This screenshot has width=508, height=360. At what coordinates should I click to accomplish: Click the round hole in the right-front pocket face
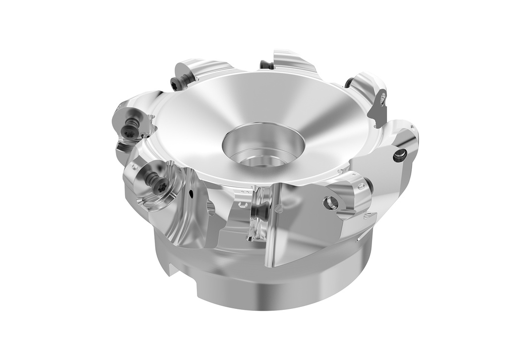pyautogui.click(x=330, y=202)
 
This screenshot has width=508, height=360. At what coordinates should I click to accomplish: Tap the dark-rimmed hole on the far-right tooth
pyautogui.click(x=400, y=157)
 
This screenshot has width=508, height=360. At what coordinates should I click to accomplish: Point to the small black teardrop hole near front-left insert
pyautogui.click(x=190, y=192)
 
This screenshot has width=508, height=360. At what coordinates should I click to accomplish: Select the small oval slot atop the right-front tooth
pyautogui.click(x=362, y=187)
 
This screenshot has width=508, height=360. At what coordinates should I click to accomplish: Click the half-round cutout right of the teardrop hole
pyautogui.click(x=210, y=208)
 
